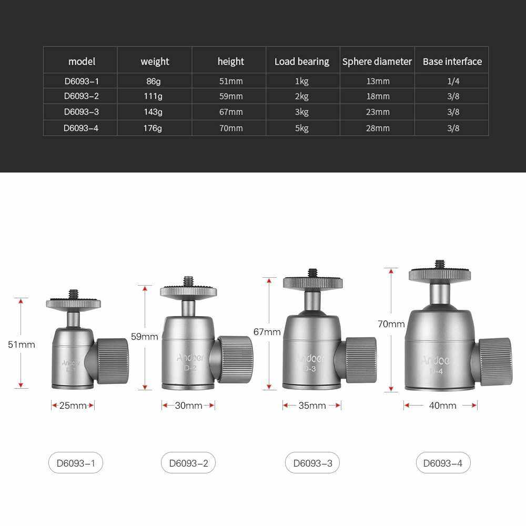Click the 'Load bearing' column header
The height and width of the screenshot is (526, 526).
[302, 62]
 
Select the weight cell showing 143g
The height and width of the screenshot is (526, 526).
[153, 112]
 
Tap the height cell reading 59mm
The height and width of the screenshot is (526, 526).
[231, 96]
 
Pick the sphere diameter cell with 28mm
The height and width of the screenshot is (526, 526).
[378, 128]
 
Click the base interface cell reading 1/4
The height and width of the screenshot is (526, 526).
[453, 81]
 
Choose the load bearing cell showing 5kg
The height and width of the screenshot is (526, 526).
[301, 128]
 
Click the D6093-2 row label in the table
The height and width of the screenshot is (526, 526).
[81, 96]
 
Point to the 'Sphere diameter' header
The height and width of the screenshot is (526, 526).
[377, 62]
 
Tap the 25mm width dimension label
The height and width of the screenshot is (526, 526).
[73, 406]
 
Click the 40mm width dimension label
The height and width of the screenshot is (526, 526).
[442, 406]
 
